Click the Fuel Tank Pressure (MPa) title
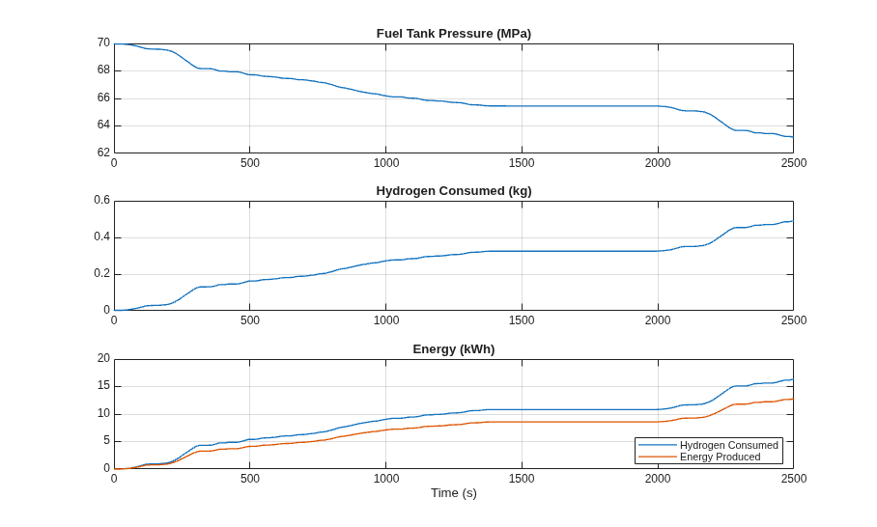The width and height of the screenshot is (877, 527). (x=454, y=34)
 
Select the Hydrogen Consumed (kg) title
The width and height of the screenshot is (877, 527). (x=454, y=191)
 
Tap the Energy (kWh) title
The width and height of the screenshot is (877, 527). (x=454, y=349)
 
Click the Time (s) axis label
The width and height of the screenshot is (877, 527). (x=454, y=493)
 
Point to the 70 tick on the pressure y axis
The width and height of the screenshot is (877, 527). (x=103, y=43)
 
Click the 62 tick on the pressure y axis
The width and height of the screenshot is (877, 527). (x=103, y=153)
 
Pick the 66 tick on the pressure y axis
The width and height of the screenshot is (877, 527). (x=103, y=97)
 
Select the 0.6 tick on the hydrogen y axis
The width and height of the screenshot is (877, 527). (x=101, y=200)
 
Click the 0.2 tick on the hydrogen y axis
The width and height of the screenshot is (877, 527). (x=101, y=273)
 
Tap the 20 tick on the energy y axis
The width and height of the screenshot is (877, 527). (x=103, y=358)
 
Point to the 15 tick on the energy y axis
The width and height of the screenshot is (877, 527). (x=103, y=386)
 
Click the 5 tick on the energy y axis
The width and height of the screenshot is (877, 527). (x=107, y=441)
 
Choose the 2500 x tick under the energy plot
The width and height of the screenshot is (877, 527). (x=794, y=479)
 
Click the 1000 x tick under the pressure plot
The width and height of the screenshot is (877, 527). (x=386, y=162)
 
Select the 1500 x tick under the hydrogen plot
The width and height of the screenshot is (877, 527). (x=522, y=320)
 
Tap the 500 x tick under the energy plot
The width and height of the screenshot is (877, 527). (x=250, y=479)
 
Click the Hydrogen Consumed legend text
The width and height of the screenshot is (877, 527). (x=729, y=445)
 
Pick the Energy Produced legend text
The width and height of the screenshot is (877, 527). (x=720, y=458)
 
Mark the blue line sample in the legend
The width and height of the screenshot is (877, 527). (x=657, y=445)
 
